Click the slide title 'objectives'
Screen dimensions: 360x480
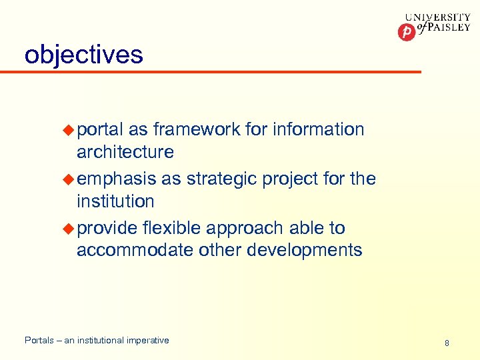click(83, 54)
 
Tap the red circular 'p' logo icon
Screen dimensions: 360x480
click(406, 32)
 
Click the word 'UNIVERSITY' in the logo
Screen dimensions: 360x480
click(437, 19)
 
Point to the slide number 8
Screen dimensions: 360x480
click(447, 343)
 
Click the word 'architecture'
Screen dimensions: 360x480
click(125, 152)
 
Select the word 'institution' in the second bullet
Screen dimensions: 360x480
click(115, 201)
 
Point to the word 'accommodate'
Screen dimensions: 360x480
click(137, 251)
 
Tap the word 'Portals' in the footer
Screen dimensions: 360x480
click(39, 341)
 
